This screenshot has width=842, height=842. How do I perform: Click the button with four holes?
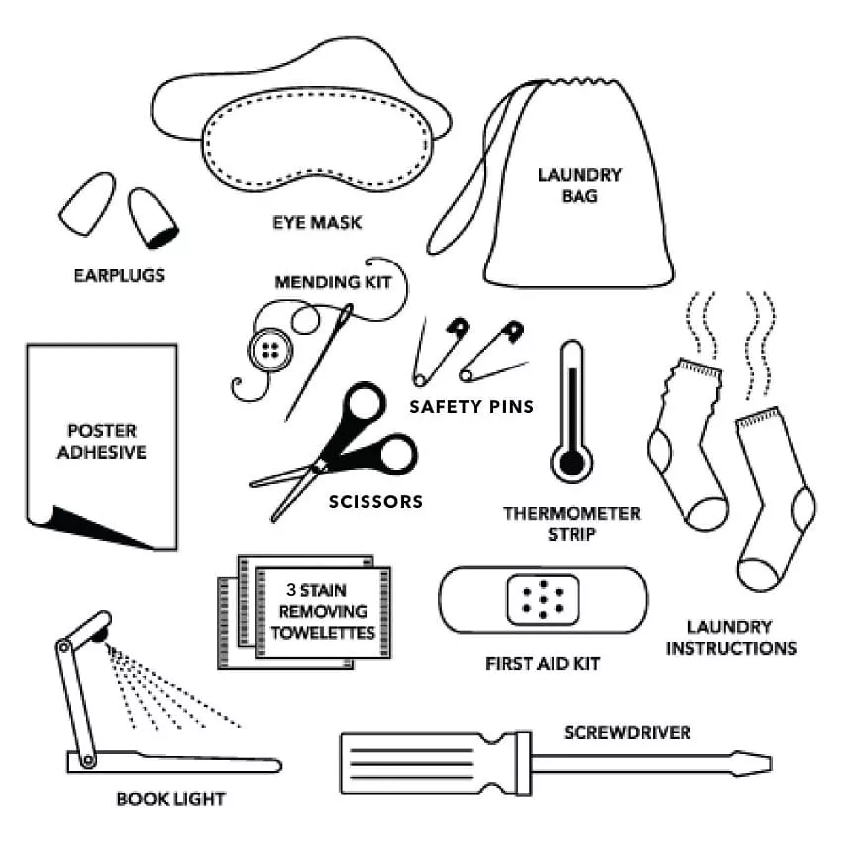click(x=264, y=350)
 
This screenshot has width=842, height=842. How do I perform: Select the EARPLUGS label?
click(x=119, y=275)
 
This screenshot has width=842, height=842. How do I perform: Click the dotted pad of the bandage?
click(x=541, y=598)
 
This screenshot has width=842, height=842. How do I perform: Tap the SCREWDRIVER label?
click(x=627, y=733)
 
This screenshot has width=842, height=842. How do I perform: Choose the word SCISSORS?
click(x=375, y=502)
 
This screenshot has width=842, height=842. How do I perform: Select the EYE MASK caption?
click(x=317, y=222)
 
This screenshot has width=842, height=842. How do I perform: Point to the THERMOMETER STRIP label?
click(x=572, y=524)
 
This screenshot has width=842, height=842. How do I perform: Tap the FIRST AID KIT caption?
click(x=543, y=662)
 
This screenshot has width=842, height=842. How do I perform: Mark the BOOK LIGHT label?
click(x=170, y=798)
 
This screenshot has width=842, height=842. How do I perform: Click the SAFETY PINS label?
click(x=472, y=406)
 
